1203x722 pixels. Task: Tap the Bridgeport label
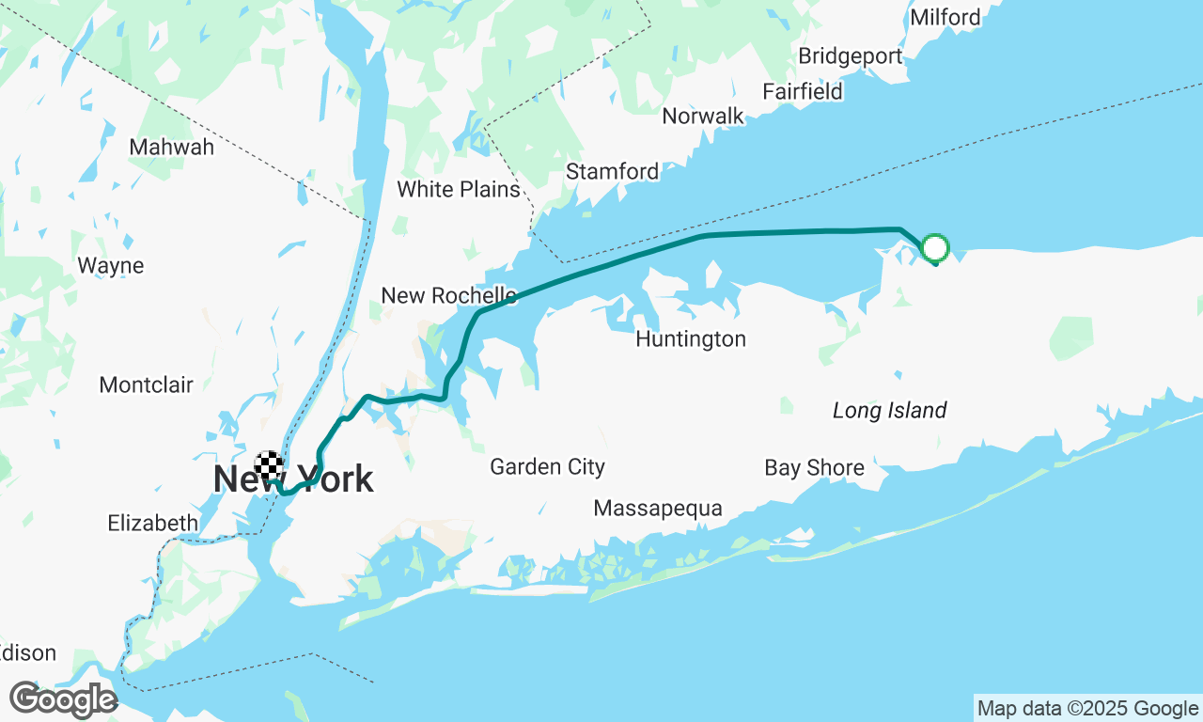(850, 56)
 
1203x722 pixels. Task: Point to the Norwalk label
(702, 116)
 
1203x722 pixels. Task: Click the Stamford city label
(612, 171)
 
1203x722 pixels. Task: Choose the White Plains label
(458, 189)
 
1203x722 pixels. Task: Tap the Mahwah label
(171, 147)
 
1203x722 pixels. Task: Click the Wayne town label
(110, 265)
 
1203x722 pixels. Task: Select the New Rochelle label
(448, 295)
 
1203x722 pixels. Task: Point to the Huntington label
(690, 338)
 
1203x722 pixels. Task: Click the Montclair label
(146, 385)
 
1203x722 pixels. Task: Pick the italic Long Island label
(889, 410)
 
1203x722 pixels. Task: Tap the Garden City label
(547, 466)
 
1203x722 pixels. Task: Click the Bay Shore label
(814, 467)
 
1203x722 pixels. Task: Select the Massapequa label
(657, 509)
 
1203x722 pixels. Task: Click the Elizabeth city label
(152, 523)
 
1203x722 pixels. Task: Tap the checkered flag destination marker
(270, 464)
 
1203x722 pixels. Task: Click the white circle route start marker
(935, 248)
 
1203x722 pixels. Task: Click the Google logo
(62, 700)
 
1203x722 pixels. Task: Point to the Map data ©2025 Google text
(1087, 709)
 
